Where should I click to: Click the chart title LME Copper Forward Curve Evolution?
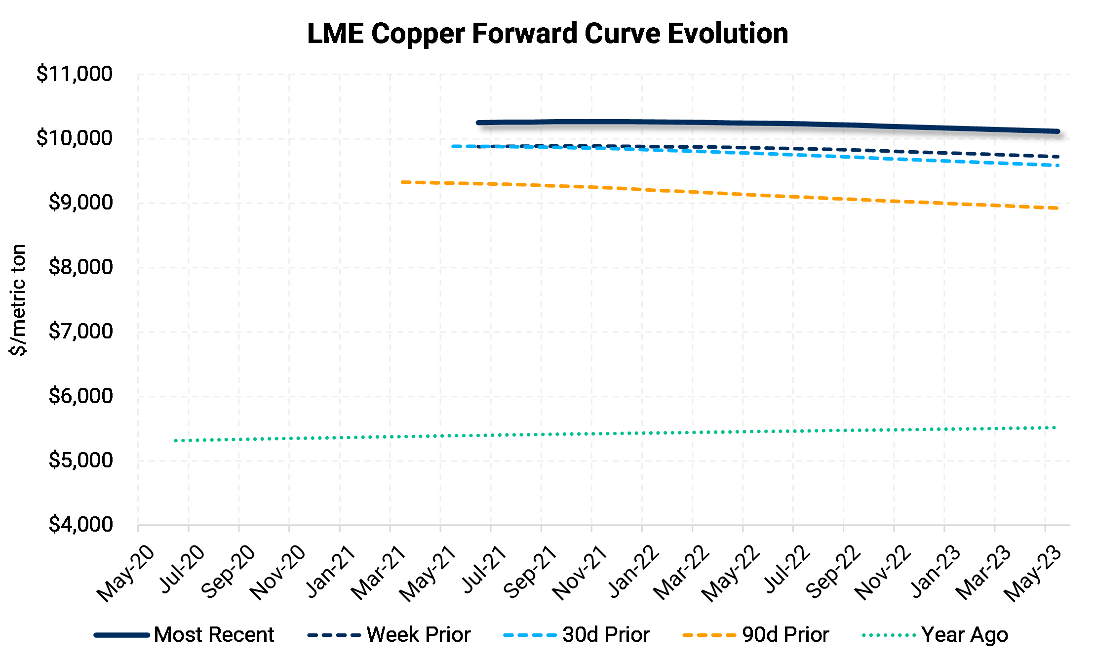pyautogui.click(x=548, y=34)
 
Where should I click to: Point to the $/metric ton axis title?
pyautogui.click(x=18, y=300)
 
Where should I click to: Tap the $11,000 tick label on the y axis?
pyautogui.click(x=75, y=74)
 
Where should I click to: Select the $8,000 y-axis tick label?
pyautogui.click(x=80, y=267)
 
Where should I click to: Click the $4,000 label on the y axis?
pyautogui.click(x=80, y=525)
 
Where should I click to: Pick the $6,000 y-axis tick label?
pyautogui.click(x=80, y=396)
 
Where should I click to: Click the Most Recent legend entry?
pyautogui.click(x=213, y=635)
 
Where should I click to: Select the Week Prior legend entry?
pyautogui.click(x=418, y=635)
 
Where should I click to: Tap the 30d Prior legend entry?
pyautogui.click(x=606, y=635)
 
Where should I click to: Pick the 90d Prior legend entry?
pyautogui.click(x=785, y=635)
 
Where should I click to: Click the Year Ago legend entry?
pyautogui.click(x=964, y=635)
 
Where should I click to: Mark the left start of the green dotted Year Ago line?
pyautogui.click(x=176, y=440)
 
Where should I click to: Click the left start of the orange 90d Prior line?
pyautogui.click(x=403, y=182)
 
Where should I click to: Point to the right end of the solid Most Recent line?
pyautogui.click(x=1057, y=131)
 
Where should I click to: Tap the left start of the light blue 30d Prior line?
pyautogui.click(x=453, y=146)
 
